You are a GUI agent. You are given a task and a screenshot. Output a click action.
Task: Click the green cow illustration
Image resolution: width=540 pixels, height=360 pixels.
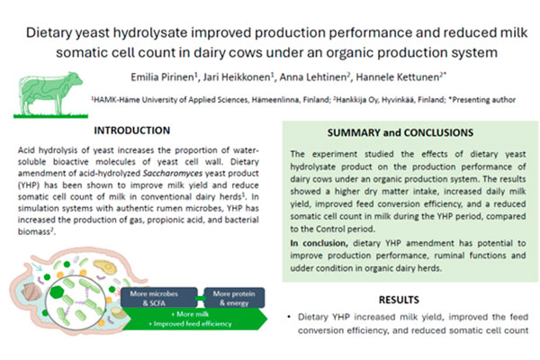50,94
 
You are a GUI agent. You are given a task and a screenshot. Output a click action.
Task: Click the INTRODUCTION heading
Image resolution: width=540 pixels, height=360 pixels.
132,130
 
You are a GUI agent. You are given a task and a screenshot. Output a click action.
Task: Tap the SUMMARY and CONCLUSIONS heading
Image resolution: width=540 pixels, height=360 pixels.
400,132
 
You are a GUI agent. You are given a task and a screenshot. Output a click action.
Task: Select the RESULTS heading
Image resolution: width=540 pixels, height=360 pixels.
399,300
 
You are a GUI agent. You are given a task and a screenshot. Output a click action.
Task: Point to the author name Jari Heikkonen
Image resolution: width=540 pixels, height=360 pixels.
237,77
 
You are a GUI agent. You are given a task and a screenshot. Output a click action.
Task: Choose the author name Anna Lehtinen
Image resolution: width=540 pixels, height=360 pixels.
313,77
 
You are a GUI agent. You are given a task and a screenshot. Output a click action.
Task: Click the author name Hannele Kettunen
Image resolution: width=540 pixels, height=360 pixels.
398,77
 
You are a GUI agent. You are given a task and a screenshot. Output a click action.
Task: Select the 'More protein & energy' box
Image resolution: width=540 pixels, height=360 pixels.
234,298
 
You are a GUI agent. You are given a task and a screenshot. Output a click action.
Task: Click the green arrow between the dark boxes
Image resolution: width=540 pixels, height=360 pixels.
201,298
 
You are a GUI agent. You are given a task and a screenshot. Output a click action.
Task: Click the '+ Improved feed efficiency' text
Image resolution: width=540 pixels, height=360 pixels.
190,324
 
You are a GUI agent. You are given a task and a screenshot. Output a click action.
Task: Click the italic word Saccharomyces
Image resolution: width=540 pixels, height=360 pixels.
167,174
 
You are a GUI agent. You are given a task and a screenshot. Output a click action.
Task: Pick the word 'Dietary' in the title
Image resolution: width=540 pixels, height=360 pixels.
49,32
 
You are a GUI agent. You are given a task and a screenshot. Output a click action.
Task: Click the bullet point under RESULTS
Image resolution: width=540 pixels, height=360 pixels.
289,317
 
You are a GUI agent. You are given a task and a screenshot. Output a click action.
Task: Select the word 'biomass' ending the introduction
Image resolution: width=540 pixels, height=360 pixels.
34,231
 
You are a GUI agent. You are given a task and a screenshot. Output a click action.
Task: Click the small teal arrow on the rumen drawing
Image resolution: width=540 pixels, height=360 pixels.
36,266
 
